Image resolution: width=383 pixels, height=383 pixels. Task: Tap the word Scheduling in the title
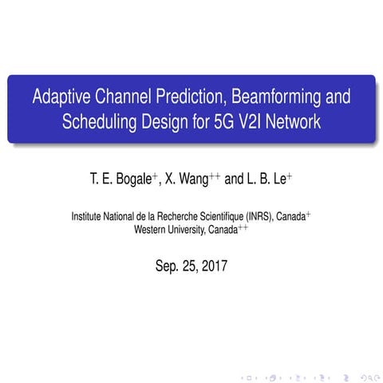click(99, 123)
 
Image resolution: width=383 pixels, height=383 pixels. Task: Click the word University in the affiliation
click(191, 229)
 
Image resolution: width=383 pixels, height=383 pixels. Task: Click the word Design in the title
click(184, 123)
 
